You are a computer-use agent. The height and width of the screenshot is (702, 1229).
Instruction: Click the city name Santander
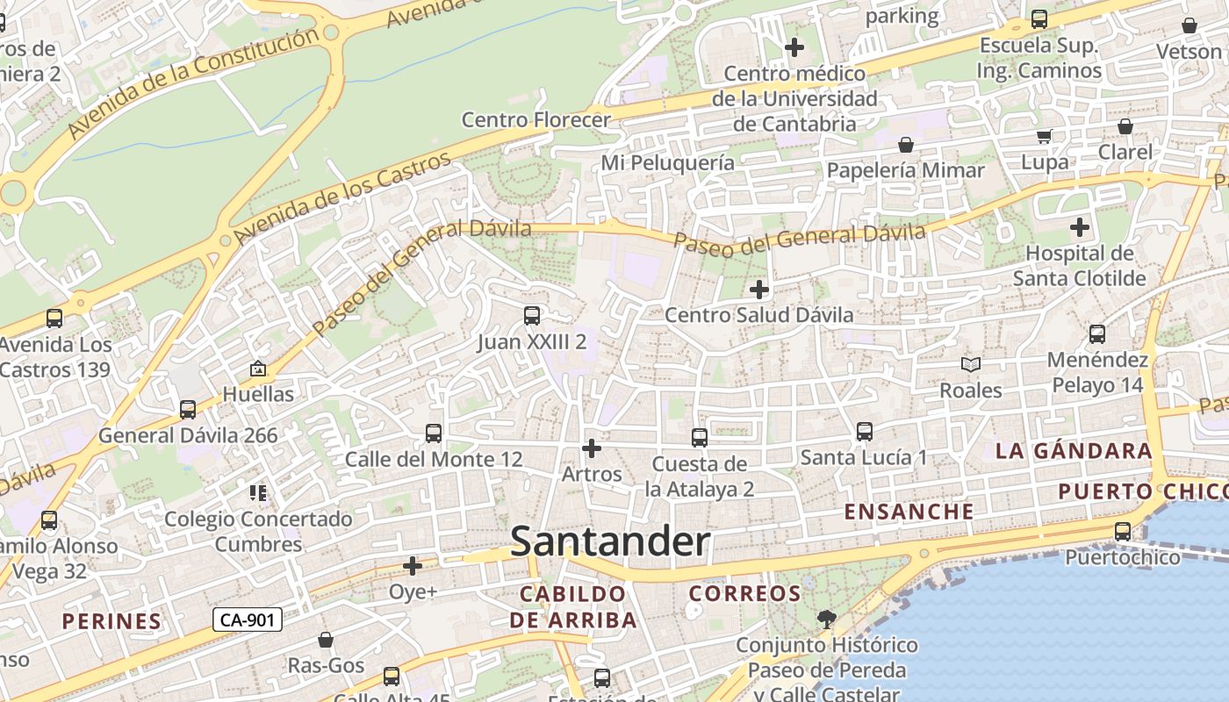coord(610,541)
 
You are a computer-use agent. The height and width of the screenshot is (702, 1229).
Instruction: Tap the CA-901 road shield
coord(248,620)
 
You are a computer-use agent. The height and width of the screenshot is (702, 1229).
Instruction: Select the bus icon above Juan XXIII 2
coord(531,316)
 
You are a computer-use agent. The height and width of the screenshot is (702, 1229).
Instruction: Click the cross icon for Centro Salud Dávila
coord(759,289)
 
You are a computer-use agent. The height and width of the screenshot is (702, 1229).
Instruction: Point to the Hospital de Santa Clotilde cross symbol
coord(1079,228)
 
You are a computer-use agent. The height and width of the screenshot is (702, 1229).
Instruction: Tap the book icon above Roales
coord(970,364)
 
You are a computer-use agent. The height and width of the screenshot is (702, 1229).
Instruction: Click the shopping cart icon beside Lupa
coord(1044,136)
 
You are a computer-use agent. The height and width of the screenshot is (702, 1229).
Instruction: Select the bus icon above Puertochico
coord(1122,531)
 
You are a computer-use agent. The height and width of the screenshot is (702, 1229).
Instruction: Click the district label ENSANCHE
coord(909,512)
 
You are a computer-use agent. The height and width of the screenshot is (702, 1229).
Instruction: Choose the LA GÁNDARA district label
coord(1073,451)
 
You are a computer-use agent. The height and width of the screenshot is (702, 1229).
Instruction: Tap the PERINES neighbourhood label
coord(111,621)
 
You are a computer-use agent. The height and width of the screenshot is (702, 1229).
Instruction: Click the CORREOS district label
coord(744,594)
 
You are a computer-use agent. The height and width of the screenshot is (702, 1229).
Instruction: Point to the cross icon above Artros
coord(592,448)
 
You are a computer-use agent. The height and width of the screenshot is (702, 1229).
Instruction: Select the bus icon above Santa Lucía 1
coord(864,431)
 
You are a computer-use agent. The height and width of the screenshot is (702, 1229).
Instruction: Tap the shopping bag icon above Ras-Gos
coord(326,640)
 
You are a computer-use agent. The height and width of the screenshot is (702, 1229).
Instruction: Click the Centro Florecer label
coord(535,119)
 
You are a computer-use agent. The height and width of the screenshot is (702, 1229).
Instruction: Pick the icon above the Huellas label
coord(258,369)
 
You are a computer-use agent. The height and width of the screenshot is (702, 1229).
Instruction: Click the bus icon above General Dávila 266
coord(187,409)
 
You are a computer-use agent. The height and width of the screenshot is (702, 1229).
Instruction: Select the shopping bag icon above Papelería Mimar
coord(905,144)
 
